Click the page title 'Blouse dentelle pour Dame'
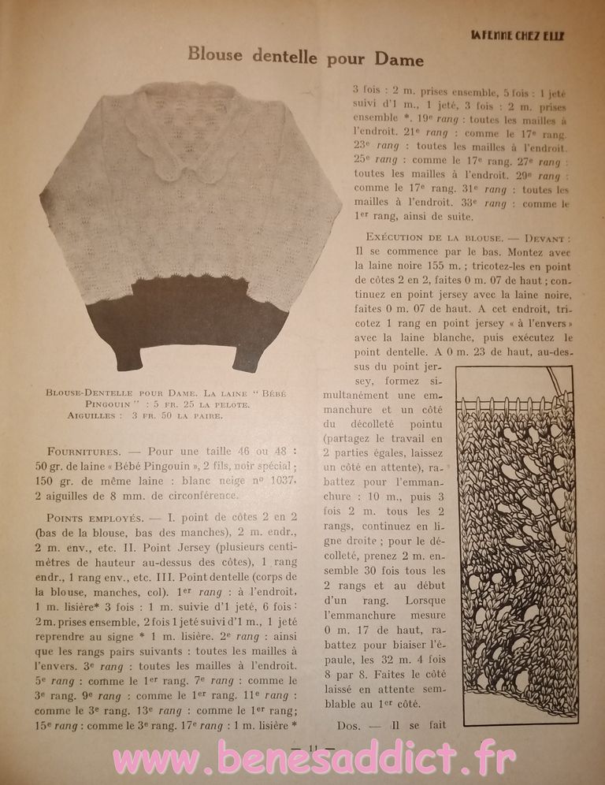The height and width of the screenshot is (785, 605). click(305, 58)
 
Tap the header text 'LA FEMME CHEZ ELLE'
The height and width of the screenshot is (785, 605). click(518, 34)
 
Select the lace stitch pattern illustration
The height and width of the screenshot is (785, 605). click(516, 544)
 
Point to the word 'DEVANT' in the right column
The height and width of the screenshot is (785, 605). click(544, 237)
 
